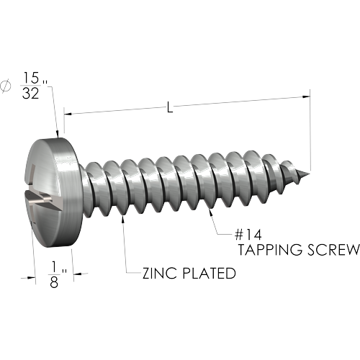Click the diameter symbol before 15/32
point(6,86)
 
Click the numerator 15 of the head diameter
point(31,78)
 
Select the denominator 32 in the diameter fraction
point(30,94)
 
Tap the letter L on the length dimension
point(170,107)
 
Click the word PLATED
point(209,273)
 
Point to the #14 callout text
point(248,235)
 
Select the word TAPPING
point(271,250)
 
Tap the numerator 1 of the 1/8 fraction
point(54,267)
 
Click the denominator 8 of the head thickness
point(54,282)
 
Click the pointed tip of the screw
point(309,174)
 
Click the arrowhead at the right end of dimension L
point(306,96)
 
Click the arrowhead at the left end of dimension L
point(68,114)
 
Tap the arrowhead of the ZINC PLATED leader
point(123,219)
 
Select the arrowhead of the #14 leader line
point(211,212)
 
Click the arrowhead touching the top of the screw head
point(57,134)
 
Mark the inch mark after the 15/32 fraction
point(45,82)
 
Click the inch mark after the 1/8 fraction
point(63,271)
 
